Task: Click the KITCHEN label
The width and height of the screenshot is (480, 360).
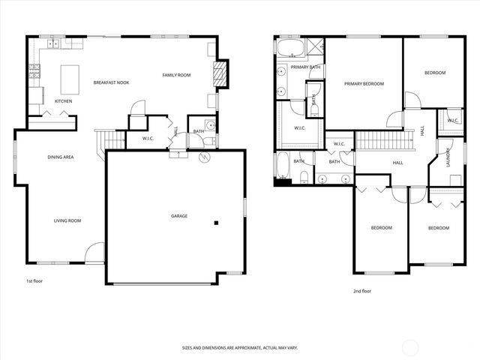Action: click(63, 100)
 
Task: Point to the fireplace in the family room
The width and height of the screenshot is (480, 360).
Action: click(220, 74)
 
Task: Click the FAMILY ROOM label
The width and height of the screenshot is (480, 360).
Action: click(176, 75)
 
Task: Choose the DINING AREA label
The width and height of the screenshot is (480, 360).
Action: click(60, 157)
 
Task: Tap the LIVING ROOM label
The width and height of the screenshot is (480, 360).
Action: click(67, 220)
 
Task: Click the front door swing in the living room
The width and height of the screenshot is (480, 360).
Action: click(94, 253)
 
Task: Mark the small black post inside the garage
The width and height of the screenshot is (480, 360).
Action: click(216, 222)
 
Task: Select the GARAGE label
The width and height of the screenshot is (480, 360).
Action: click(178, 216)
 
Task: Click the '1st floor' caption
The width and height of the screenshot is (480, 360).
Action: click(34, 281)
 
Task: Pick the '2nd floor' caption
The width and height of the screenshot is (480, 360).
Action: click(361, 291)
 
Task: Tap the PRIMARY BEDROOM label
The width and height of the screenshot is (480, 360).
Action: click(364, 84)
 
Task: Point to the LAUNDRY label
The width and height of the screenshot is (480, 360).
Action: click(448, 157)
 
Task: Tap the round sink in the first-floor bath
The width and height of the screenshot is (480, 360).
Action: click(210, 125)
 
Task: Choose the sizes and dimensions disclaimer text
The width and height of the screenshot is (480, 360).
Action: click(240, 348)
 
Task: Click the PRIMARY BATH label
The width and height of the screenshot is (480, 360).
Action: click(305, 67)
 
